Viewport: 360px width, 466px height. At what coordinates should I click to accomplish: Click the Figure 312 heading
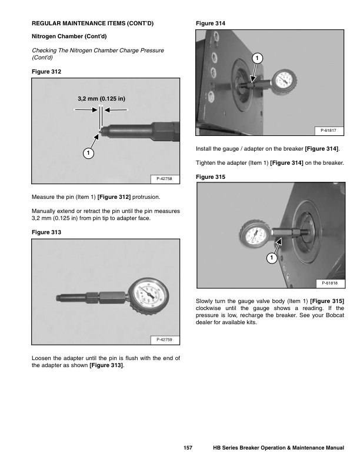46,71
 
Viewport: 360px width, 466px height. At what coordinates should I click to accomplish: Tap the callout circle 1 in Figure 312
86,153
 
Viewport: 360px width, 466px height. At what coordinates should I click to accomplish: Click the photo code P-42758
164,177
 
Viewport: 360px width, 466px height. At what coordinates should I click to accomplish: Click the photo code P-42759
164,340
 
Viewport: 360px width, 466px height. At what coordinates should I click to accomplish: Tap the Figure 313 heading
46,232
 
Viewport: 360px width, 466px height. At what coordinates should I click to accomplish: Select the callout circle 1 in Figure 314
258,58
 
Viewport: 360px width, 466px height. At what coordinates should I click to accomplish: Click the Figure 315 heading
210,177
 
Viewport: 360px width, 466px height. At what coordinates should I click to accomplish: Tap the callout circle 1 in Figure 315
272,258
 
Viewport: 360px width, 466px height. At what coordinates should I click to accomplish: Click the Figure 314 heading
210,24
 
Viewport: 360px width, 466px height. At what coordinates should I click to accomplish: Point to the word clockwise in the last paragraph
210,309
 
